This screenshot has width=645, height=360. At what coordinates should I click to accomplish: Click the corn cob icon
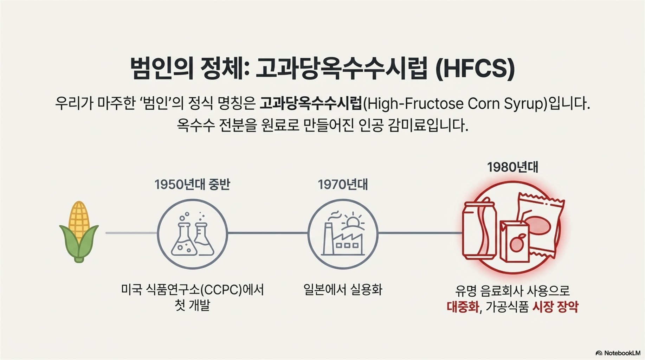79,232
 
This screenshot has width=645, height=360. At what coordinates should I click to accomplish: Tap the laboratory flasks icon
193,234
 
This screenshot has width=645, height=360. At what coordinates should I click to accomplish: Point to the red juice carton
514,242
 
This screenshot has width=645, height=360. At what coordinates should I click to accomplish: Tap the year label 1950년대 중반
192,185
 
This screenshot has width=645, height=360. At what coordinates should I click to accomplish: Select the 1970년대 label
343,185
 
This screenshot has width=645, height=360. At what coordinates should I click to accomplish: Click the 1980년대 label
512,167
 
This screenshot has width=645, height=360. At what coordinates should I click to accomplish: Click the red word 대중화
463,307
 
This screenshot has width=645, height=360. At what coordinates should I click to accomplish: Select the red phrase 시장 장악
555,307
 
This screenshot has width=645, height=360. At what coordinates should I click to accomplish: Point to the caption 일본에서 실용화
343,290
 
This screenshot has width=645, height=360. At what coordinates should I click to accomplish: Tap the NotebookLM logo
618,353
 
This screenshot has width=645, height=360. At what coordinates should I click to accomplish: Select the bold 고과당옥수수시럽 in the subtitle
311,104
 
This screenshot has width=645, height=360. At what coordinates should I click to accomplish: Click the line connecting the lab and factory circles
267,233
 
